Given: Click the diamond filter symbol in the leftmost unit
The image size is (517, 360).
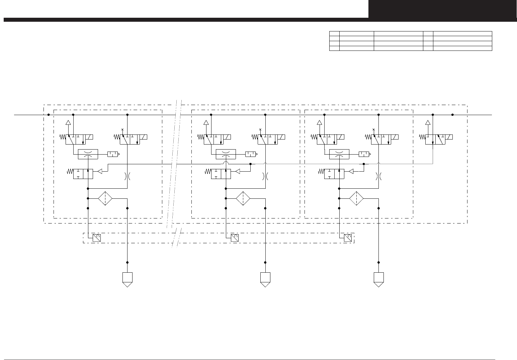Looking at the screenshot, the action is [105, 198].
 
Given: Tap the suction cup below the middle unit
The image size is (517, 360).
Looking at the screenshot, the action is [265, 279].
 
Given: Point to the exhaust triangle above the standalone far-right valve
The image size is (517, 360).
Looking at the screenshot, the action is [428, 122].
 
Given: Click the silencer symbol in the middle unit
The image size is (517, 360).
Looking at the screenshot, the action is [251, 154].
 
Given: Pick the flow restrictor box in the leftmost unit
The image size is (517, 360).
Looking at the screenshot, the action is [88, 154].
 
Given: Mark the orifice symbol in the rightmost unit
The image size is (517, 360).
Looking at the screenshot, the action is [378, 176].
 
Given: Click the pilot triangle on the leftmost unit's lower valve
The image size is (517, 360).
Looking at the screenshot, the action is [100, 171].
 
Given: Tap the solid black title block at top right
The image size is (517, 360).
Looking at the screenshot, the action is [442, 9].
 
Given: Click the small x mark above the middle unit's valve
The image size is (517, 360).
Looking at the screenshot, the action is [260, 129].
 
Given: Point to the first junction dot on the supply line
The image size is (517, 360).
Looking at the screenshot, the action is [49, 115].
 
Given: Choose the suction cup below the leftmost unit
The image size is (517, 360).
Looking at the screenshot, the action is [127, 279].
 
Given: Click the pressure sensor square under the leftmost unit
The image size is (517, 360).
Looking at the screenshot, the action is [97, 238].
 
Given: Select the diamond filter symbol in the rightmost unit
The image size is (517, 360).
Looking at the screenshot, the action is [356, 198].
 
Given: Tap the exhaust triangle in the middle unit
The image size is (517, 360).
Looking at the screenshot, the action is [206, 122].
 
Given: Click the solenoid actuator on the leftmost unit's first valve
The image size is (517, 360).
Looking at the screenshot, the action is [89, 137].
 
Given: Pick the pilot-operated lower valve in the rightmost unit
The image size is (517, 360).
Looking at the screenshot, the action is [334, 174].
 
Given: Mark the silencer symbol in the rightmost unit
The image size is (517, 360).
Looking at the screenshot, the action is [364, 154].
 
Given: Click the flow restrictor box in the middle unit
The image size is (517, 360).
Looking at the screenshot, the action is [226, 154].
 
